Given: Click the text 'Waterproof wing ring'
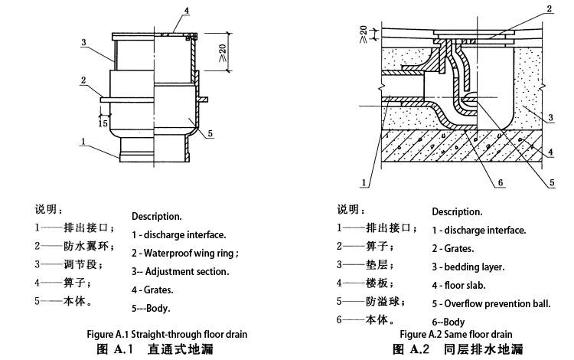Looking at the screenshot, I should (x=189, y=253).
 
